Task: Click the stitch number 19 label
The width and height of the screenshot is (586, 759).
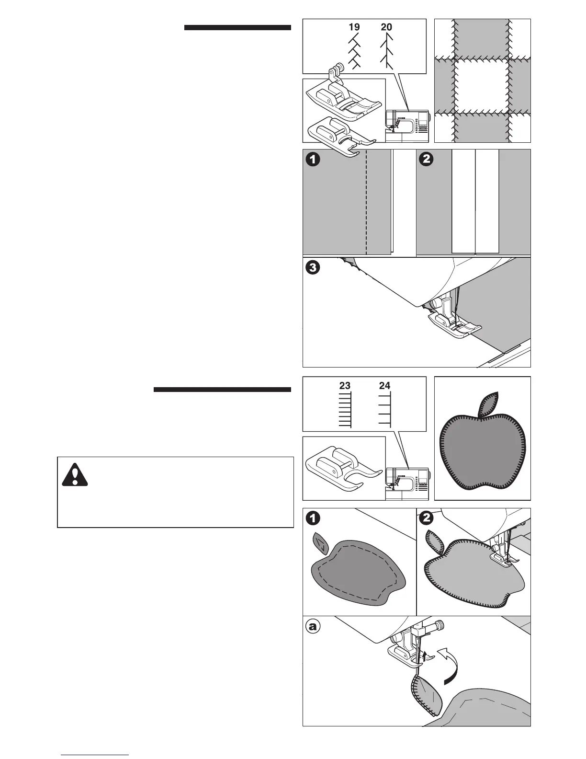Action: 354,27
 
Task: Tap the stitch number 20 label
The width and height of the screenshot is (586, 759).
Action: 386,27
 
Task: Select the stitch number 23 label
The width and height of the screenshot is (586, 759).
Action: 345,385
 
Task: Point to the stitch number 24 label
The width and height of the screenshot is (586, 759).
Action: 384,385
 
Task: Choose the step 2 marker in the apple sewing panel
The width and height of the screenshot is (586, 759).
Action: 426,518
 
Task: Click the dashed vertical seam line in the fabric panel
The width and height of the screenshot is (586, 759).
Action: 366,201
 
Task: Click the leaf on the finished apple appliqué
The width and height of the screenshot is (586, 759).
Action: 488,403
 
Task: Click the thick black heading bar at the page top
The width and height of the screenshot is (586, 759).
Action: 237,28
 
